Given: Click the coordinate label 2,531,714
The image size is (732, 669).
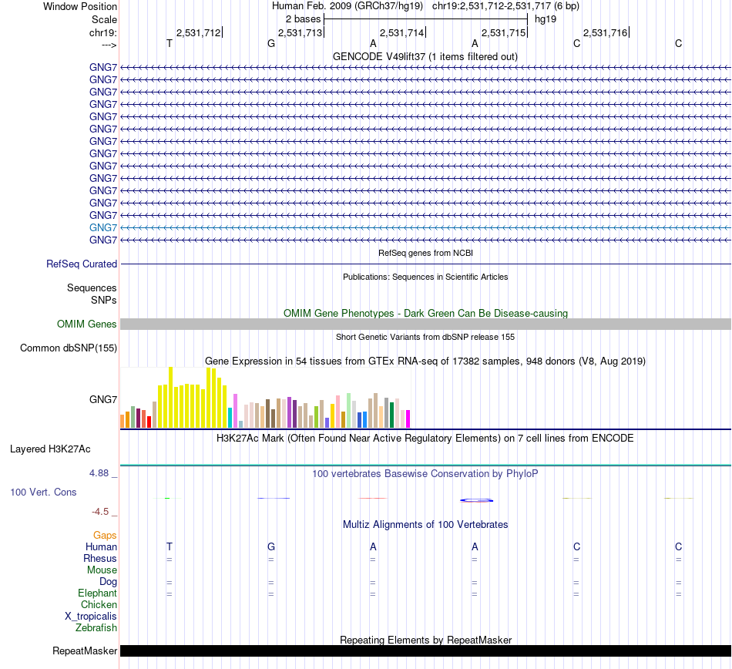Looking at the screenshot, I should point(401,33).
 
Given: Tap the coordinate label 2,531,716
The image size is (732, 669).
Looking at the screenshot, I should point(605,33).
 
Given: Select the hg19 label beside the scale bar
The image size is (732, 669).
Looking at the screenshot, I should point(546,18).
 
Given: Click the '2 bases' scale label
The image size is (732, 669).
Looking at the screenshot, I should point(303,18).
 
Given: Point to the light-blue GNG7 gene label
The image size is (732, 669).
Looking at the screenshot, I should point(103,227).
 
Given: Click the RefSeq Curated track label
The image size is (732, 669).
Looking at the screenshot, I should point(82,264).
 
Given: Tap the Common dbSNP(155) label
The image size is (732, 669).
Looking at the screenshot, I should point(69,348).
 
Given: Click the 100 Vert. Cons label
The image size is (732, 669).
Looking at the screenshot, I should point(43,492).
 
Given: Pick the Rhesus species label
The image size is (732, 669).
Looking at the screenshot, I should point(100,558).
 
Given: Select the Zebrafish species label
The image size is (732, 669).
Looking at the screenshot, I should point(96,628).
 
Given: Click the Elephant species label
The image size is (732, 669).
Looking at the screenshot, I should point(97,593).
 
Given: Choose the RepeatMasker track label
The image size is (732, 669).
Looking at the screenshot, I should point(85,651).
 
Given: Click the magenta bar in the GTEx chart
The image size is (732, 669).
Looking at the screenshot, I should point(408,419).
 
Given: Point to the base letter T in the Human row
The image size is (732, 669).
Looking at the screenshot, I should point(170,546).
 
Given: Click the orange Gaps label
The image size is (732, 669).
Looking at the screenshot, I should point(105,535).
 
